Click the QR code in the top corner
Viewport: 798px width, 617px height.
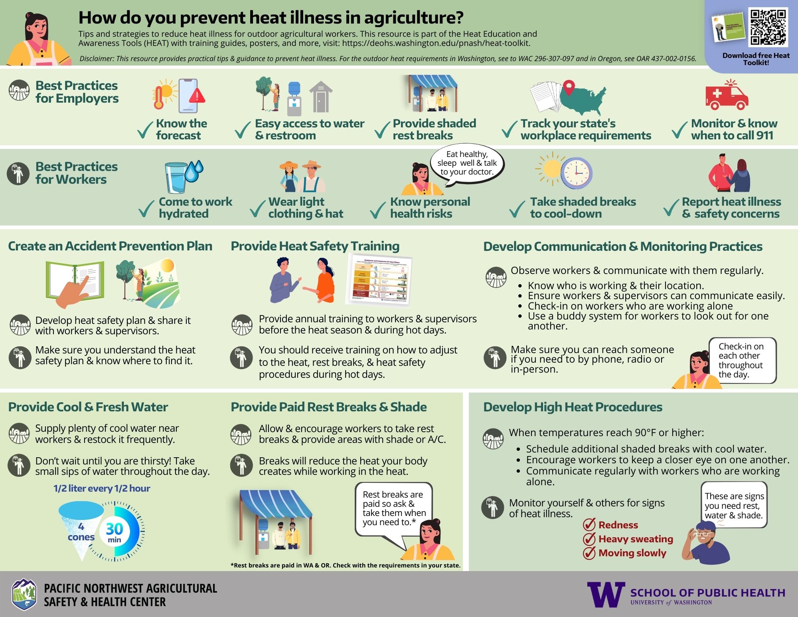point(768,27)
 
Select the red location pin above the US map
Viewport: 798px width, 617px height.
point(569,87)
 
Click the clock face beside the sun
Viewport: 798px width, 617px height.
point(576,173)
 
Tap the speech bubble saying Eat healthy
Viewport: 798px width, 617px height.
point(467,163)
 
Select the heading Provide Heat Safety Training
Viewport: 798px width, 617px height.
point(315,246)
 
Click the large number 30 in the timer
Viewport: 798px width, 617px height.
point(114,529)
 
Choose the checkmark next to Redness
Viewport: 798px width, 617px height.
point(589,525)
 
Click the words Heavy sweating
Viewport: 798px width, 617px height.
point(635,539)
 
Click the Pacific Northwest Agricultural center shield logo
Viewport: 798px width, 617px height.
point(24,594)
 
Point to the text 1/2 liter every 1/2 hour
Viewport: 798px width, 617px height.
point(102,488)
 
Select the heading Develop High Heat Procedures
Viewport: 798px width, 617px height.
point(573,407)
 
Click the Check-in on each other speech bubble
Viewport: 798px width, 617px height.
point(742,360)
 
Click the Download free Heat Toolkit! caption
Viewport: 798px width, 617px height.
point(756,59)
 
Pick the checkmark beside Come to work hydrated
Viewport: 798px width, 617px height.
point(146,208)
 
